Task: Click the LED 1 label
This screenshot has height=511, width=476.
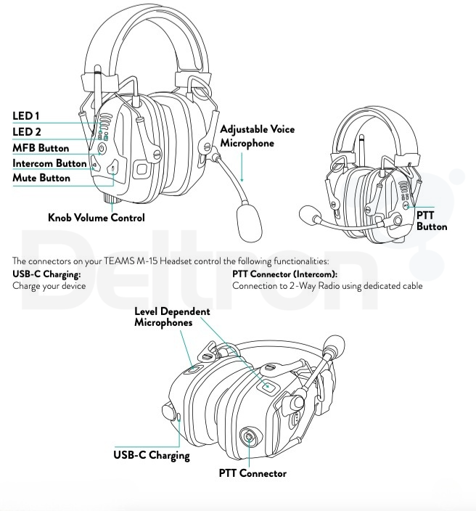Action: [x=27, y=116]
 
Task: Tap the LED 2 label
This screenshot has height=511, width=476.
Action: [x=28, y=131]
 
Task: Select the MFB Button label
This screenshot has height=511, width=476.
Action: [x=41, y=148]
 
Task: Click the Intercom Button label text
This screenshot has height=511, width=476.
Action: [x=49, y=163]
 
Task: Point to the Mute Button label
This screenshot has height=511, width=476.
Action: [x=41, y=179]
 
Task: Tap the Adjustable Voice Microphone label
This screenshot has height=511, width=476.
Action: [x=257, y=136]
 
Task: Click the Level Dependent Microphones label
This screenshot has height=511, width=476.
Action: [x=172, y=316]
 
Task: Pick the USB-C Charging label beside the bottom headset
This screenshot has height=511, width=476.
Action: [x=151, y=456]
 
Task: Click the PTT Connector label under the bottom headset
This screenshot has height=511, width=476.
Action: [x=253, y=474]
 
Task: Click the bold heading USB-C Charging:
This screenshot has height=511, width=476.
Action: [x=46, y=274]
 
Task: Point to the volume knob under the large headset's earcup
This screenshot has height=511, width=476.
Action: [x=113, y=197]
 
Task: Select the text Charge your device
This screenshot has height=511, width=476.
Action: [x=49, y=286]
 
